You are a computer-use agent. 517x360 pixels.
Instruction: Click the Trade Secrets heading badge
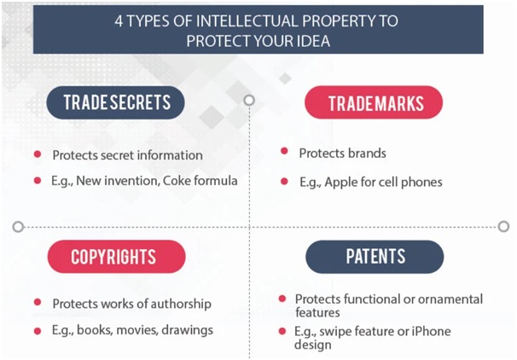point(115,102)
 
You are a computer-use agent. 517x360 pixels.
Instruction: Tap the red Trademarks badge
point(374,102)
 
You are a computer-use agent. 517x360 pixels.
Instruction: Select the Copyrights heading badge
point(116,257)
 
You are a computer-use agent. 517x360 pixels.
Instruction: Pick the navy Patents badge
point(375,257)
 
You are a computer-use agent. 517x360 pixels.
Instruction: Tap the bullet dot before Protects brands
point(284,151)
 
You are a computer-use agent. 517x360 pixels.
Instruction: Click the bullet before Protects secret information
point(38,154)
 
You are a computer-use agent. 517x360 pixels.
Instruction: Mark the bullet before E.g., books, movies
point(38,331)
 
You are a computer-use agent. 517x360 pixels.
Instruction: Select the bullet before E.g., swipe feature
point(282,331)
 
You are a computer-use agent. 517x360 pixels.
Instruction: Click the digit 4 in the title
point(119,21)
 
